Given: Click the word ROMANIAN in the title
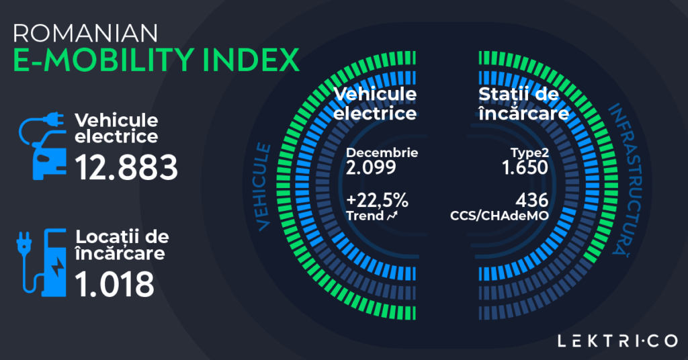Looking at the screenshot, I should click(x=85, y=34).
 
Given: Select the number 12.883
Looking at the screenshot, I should click(x=126, y=167).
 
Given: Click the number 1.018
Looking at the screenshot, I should click(x=114, y=285).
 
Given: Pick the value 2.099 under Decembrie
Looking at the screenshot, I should click(x=368, y=166).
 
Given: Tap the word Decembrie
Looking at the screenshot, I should click(x=382, y=152).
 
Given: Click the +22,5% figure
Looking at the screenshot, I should click(x=377, y=201).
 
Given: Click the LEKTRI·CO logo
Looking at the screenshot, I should click(x=617, y=341).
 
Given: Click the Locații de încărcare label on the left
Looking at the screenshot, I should click(x=122, y=245).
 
